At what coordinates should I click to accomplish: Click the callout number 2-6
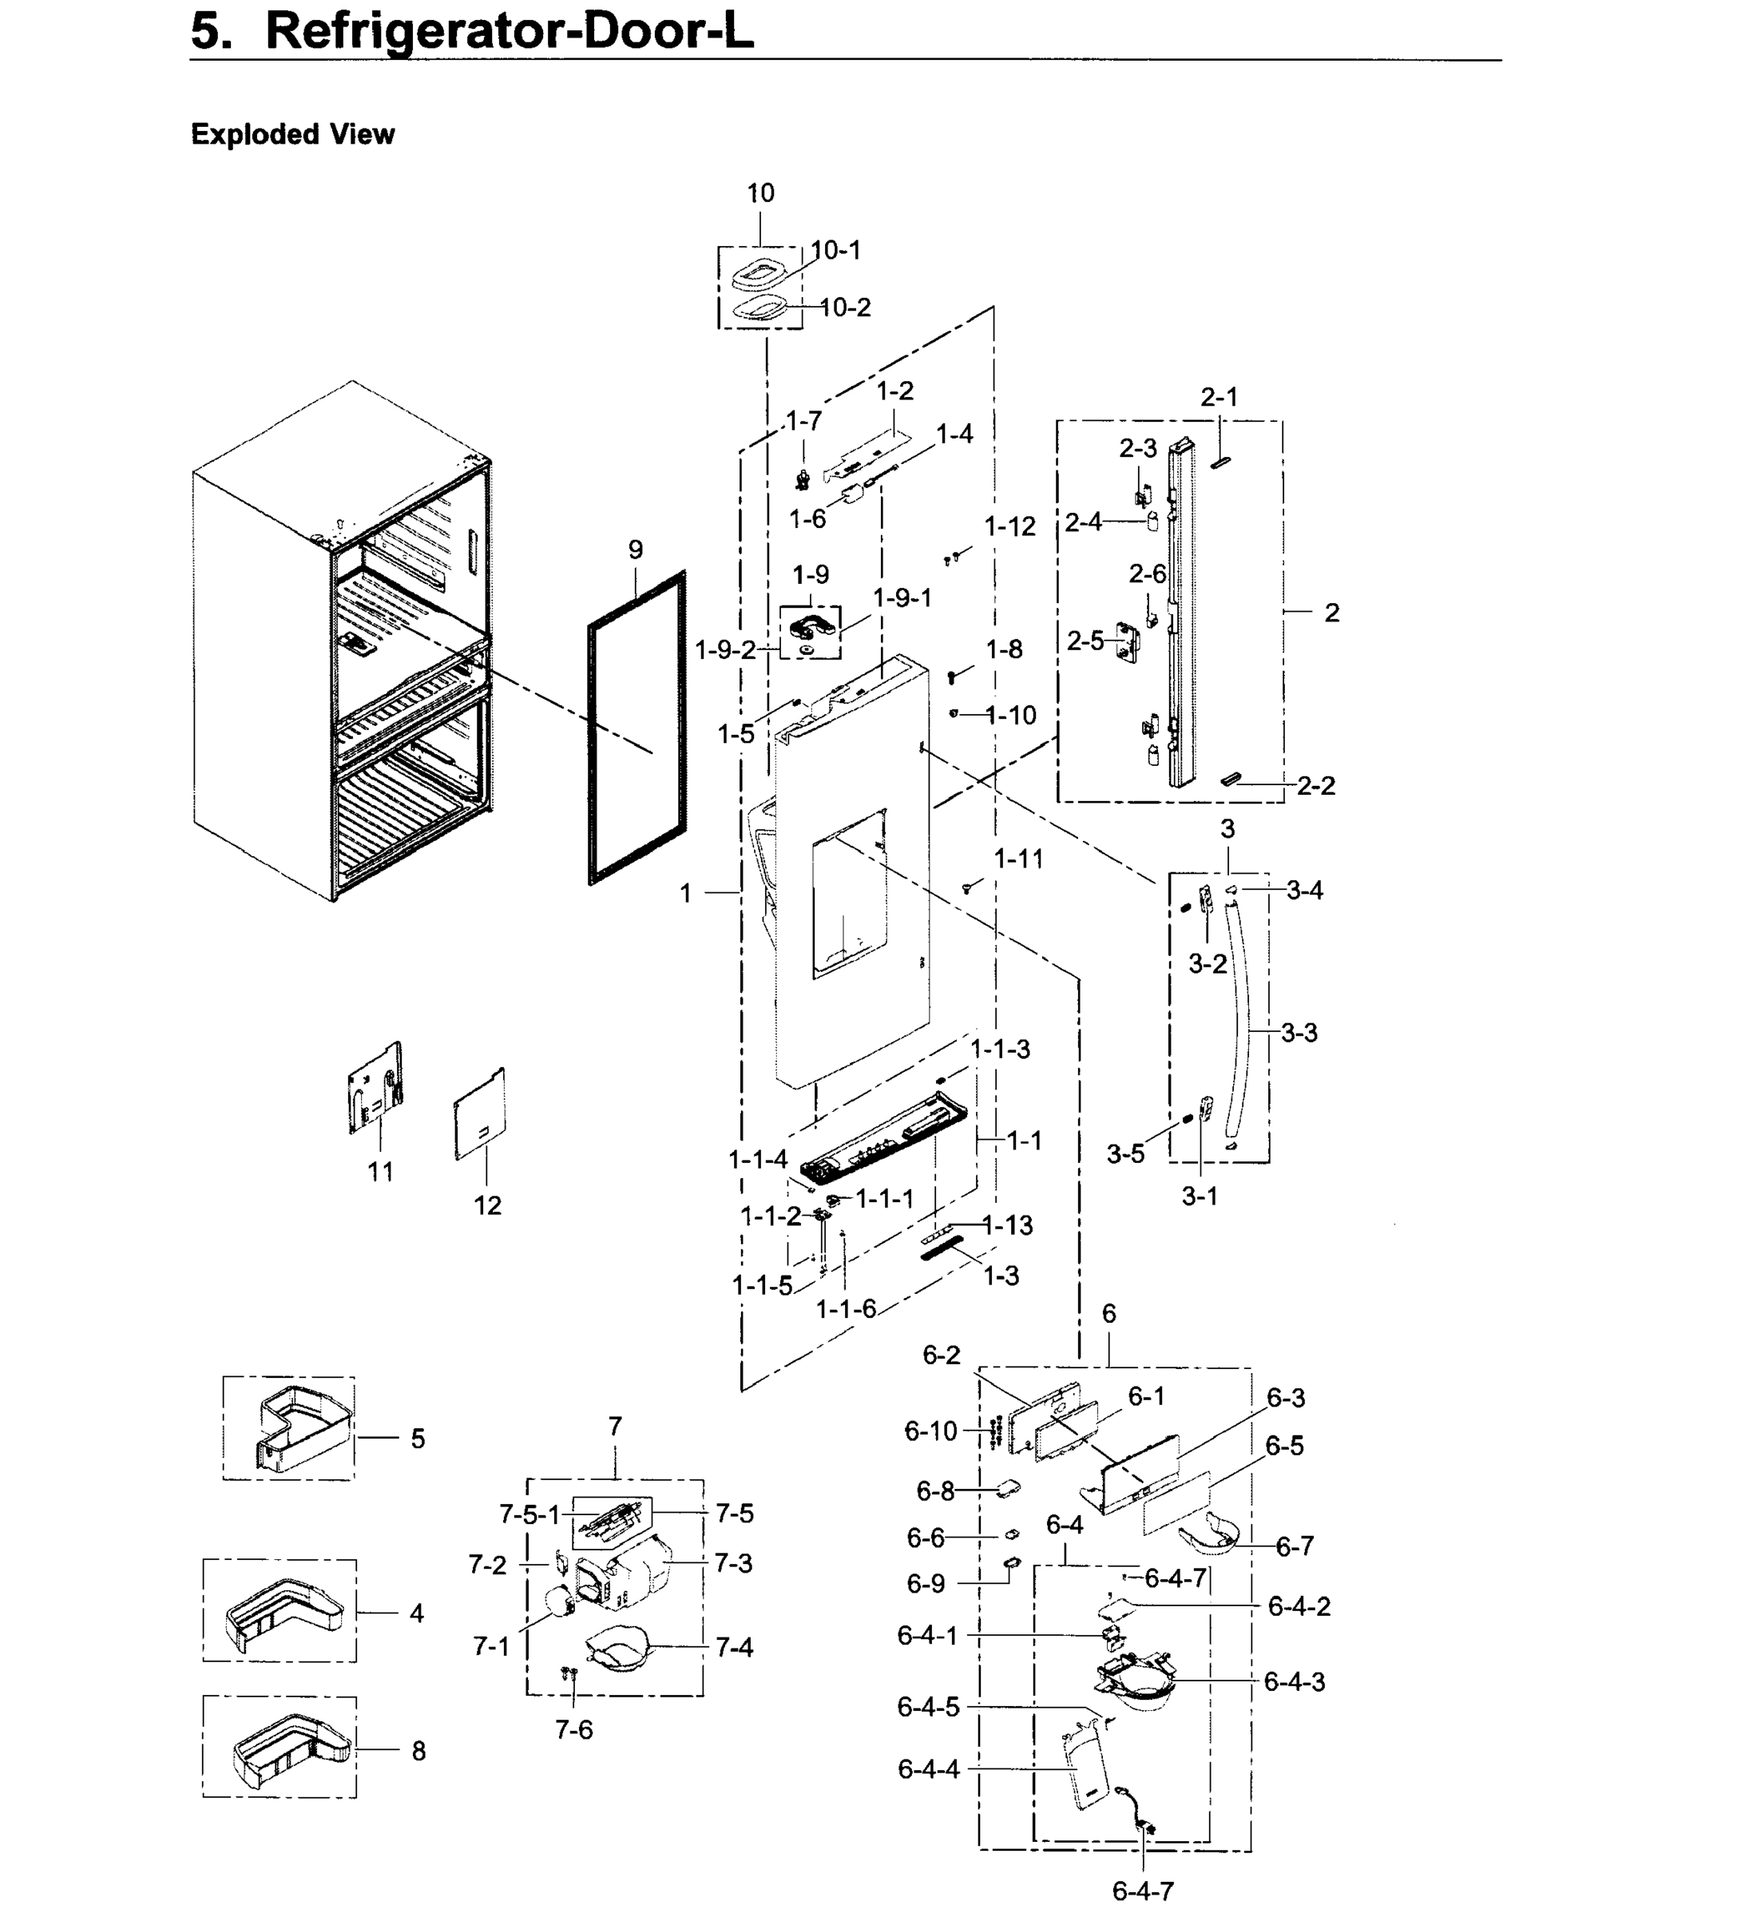click(x=1147, y=574)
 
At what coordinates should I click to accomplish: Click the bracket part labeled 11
click(x=375, y=1089)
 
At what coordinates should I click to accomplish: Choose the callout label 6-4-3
click(x=1293, y=1681)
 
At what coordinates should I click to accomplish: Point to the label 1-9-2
click(x=725, y=650)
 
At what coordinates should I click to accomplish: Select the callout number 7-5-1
click(x=529, y=1514)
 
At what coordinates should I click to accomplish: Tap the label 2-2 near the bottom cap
click(x=1316, y=785)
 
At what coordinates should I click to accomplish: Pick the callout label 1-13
click(x=1007, y=1226)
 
